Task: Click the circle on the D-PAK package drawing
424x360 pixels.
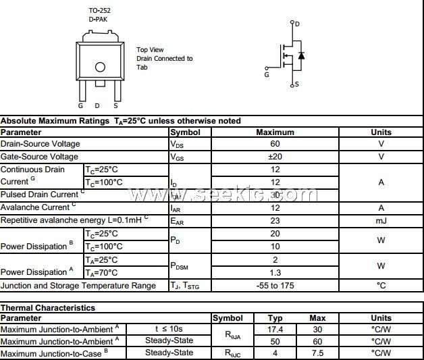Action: coord(100,67)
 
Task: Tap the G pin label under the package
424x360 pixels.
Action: coord(80,105)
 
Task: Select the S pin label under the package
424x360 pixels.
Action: coord(115,105)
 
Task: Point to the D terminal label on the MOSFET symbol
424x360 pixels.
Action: coord(298,24)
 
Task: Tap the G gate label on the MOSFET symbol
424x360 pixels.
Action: coord(267,75)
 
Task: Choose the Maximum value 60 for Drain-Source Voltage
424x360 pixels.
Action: coord(275,144)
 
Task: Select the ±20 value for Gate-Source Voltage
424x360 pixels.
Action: coord(275,157)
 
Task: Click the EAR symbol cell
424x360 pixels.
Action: coord(178,221)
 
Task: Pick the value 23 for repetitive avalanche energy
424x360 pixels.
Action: coord(275,221)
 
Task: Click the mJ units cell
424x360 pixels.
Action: coord(381,221)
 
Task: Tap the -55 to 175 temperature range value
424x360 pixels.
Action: coord(275,286)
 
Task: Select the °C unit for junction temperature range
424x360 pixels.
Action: coord(381,286)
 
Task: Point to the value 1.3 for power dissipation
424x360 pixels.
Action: coord(275,272)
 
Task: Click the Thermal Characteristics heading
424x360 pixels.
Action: coord(48,308)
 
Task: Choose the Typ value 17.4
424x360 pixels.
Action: coord(275,329)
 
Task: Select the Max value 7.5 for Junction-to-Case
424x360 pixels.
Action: coord(317,353)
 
